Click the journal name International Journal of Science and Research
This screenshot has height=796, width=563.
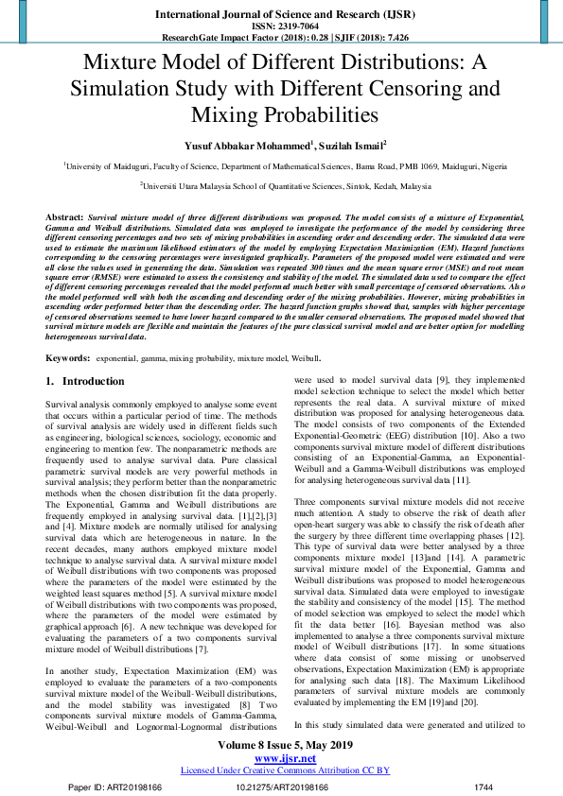pyautogui.click(x=281, y=15)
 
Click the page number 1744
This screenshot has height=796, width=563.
pyautogui.click(x=483, y=787)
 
